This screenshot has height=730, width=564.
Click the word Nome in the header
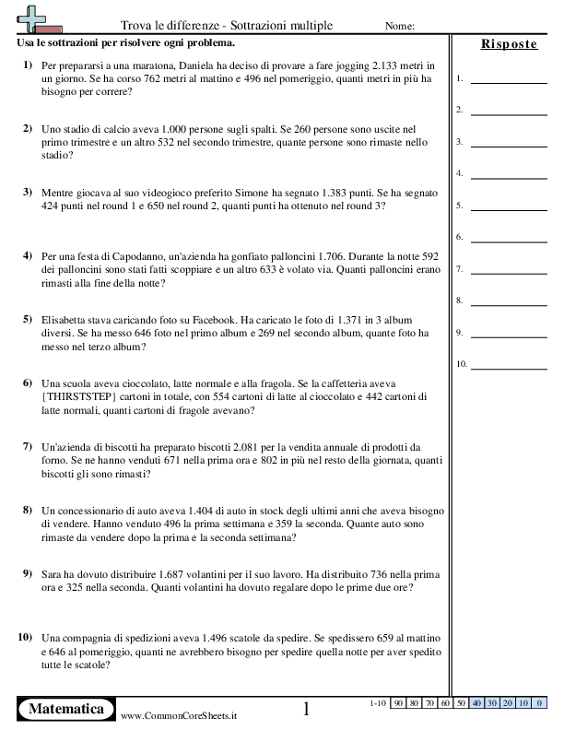click(398, 26)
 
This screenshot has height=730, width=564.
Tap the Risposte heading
click(509, 44)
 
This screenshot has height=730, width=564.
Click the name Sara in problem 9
click(53, 573)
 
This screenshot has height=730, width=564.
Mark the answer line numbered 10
click(508, 365)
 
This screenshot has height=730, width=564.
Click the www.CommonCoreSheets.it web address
click(178, 715)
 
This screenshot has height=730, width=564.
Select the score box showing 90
click(400, 703)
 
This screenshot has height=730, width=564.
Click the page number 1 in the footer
click(307, 709)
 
